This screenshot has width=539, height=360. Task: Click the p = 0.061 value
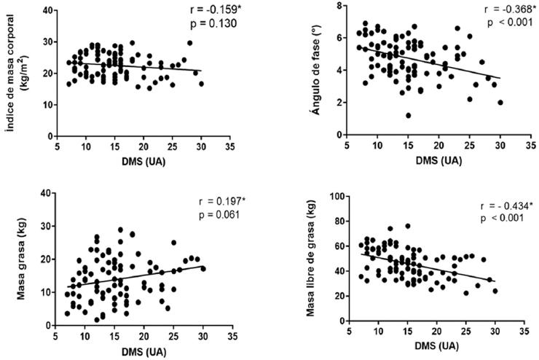point(221,216)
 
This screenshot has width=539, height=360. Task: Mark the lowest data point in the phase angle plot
point(408,115)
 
